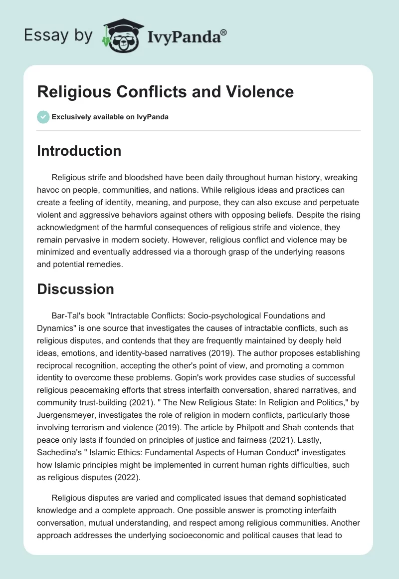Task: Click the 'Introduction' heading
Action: tap(79, 151)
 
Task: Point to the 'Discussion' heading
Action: tap(75, 289)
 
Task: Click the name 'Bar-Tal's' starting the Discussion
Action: tap(68, 315)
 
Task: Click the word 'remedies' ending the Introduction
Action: tap(105, 265)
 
